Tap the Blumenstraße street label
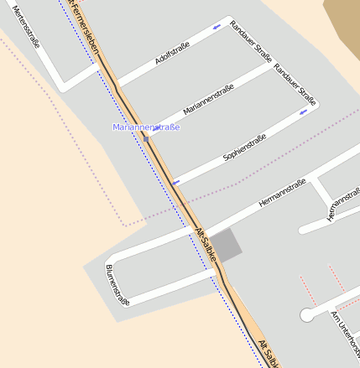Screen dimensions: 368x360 117,284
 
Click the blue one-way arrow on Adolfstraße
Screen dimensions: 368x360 218,28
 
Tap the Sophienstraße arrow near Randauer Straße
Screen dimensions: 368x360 303,111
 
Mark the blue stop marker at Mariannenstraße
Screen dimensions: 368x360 146,137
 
